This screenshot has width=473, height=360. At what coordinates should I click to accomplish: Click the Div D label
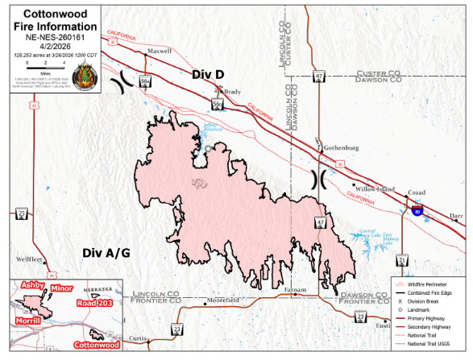(x=208, y=74)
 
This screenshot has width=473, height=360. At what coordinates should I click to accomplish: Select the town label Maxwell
(x=160, y=51)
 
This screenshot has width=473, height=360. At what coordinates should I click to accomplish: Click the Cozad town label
(x=417, y=193)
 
